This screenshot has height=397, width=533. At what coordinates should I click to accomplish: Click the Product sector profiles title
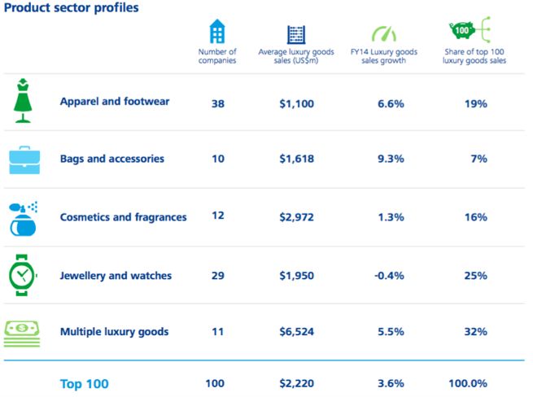tap(70, 8)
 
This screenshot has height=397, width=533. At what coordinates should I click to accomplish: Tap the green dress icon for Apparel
tap(23, 101)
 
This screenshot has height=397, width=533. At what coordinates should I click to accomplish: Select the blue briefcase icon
tap(24, 159)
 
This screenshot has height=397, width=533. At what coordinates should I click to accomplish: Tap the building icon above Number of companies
tap(217, 33)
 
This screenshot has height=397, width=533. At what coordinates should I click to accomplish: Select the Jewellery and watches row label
tap(116, 276)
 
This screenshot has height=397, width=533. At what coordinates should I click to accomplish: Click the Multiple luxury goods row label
tap(114, 332)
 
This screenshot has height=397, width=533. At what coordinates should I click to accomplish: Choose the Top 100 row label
tap(84, 383)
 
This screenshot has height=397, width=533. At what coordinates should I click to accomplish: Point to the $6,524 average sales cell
tap(296, 332)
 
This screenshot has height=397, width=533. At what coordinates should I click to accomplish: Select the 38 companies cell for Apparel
tap(217, 103)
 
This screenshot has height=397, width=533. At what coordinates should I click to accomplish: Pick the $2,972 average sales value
tap(296, 217)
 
